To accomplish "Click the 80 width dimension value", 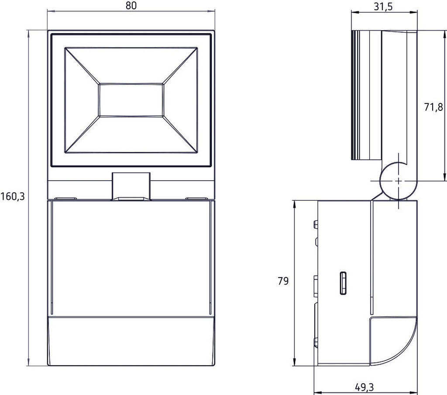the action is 131,6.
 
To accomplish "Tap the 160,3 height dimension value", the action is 13,196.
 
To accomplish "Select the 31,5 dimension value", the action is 383,6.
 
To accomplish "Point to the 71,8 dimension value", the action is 433,107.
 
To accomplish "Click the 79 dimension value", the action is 283,281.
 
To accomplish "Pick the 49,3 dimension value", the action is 364,387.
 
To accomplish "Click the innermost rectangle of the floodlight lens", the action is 131,100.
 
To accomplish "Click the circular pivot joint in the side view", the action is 398,181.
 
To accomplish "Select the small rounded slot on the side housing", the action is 343,283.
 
